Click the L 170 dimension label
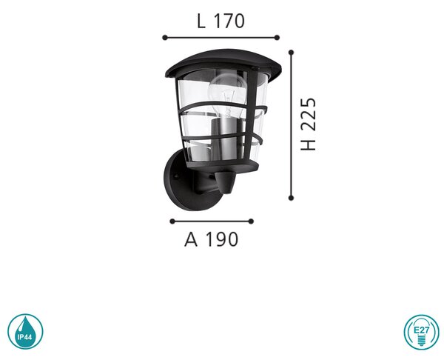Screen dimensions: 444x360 (221, 21)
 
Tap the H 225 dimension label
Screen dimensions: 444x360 (308, 124)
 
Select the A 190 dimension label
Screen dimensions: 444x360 (211, 239)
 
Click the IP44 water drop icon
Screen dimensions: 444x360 (25, 331)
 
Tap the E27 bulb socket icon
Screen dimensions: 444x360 (421, 332)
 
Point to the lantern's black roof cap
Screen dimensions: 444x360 (223, 63)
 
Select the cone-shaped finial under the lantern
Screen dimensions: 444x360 (226, 182)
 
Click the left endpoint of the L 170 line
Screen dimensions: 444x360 (165, 38)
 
